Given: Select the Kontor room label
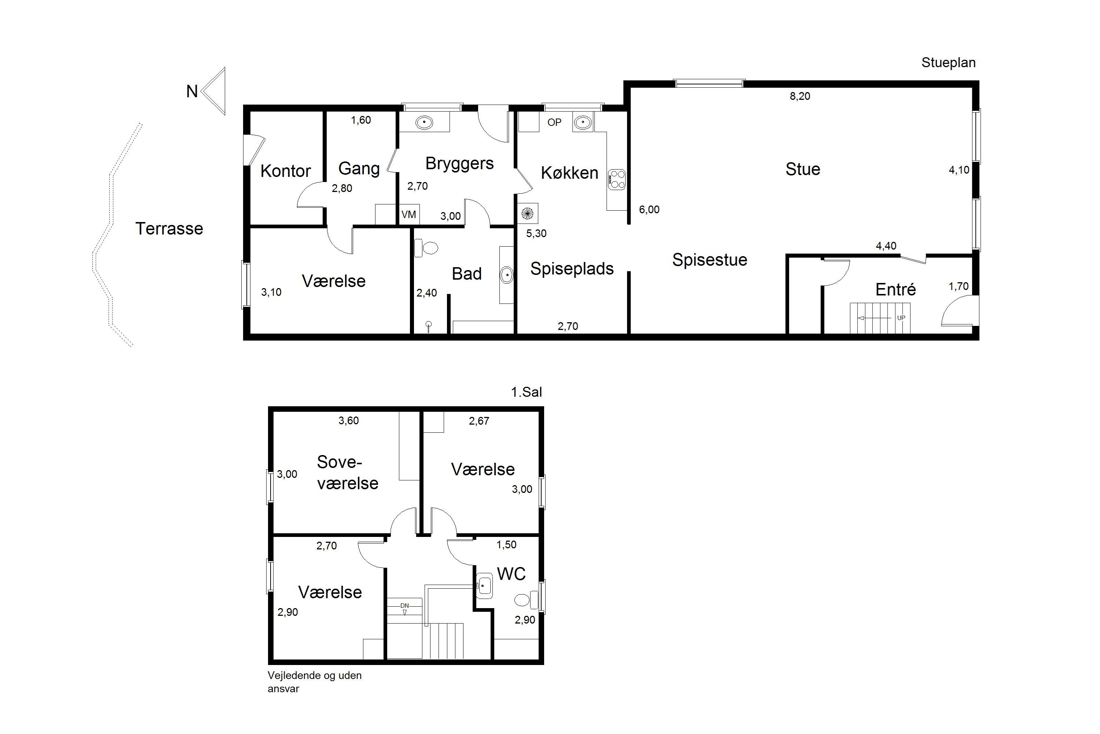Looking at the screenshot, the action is coord(285,171).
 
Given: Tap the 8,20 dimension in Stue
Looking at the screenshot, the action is coord(800,96).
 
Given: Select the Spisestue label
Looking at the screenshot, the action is coord(709,260).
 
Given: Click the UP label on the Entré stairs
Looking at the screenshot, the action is coord(901,318).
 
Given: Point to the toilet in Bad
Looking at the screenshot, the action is coord(426,248).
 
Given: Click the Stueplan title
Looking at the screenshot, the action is coord(949,63).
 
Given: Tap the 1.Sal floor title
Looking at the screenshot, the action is coord(527,392).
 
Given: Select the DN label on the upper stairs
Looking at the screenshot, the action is coord(404,606).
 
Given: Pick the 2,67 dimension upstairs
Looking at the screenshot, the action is coord(479,421).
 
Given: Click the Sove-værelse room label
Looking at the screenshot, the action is coord(348,472).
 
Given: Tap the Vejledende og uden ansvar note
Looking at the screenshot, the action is coord(315,682).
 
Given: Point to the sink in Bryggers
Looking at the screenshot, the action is coord(424,123).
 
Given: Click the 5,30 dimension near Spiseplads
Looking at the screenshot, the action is coord(536,233).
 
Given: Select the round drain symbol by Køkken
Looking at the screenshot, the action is coord(527,214).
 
